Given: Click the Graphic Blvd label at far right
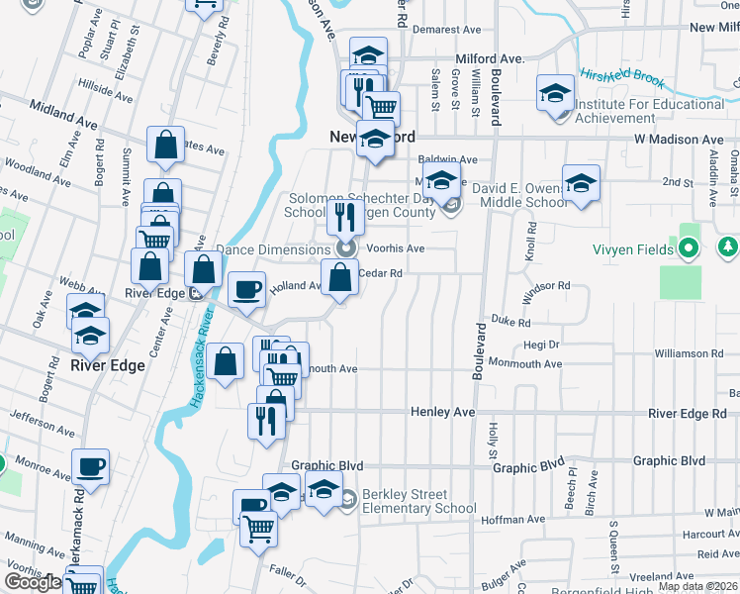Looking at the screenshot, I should (x=669, y=461).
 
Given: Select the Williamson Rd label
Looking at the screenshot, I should (x=689, y=353).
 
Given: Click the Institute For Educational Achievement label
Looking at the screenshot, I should (x=649, y=111).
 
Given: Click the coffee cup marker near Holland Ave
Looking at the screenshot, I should (x=246, y=289).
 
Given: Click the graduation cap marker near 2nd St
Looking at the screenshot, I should (x=581, y=181).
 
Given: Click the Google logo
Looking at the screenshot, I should (x=33, y=582).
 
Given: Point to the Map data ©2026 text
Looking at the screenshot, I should (x=698, y=586).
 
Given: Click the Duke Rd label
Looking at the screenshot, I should (x=511, y=322).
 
